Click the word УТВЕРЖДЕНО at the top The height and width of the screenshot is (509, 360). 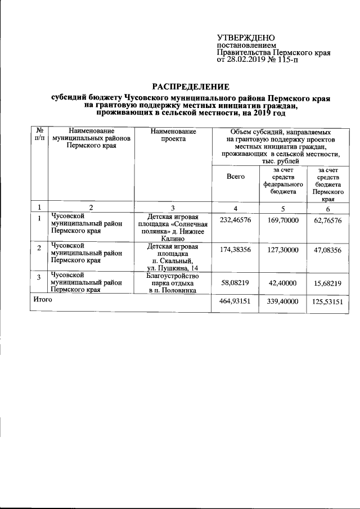click(243, 37)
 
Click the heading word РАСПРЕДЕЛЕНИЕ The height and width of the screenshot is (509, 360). click(191, 87)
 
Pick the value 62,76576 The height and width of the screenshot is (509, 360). click(326, 221)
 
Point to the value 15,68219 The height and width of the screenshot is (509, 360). click(326, 284)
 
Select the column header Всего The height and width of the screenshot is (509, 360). click(235, 177)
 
